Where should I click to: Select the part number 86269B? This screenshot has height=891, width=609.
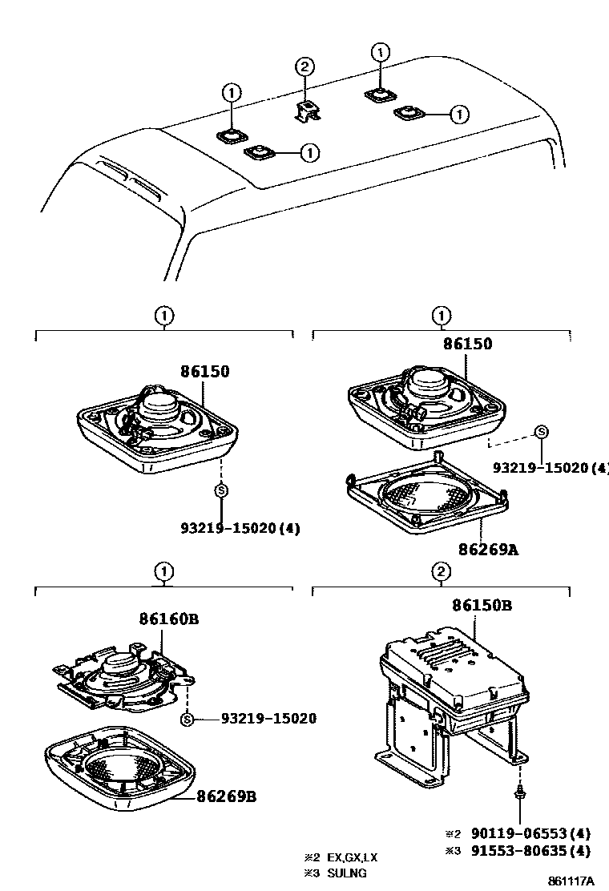click(227, 797)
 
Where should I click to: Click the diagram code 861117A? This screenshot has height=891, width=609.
click(571, 881)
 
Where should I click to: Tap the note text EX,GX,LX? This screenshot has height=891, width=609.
click(352, 857)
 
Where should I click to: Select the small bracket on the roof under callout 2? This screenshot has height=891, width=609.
click(307, 111)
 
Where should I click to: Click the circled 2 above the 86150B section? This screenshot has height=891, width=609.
click(441, 571)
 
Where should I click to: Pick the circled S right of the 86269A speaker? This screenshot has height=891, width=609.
click(541, 433)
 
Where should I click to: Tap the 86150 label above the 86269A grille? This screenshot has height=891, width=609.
click(467, 344)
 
